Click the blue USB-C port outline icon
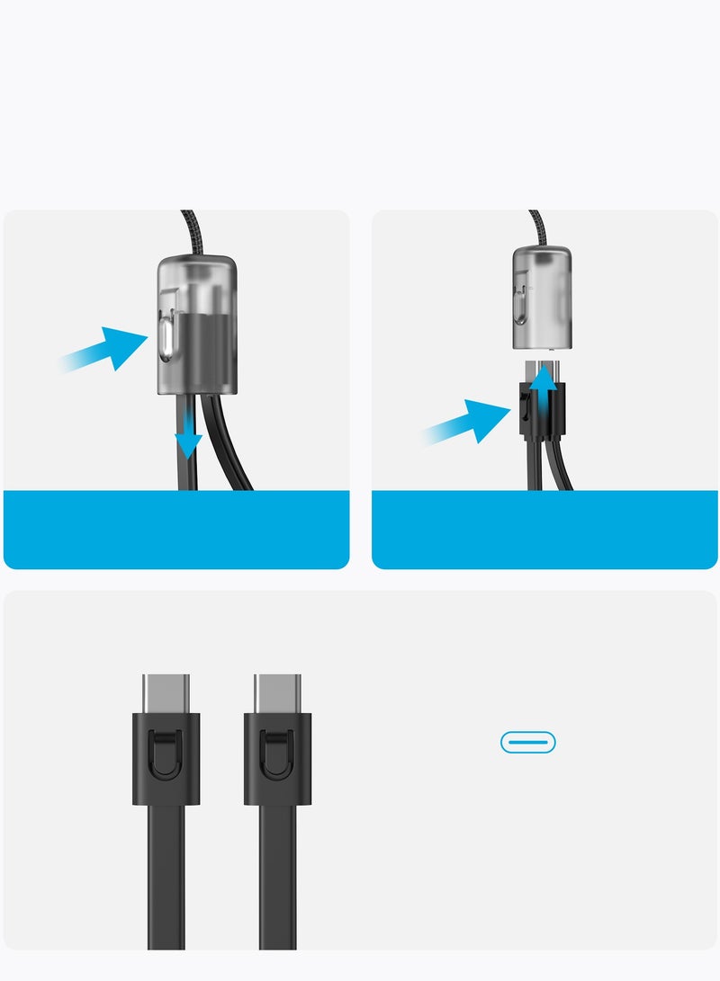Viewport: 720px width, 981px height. (x=527, y=742)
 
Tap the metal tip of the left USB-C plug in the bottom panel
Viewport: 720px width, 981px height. (x=166, y=693)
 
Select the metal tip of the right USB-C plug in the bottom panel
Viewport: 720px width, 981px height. (x=277, y=693)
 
